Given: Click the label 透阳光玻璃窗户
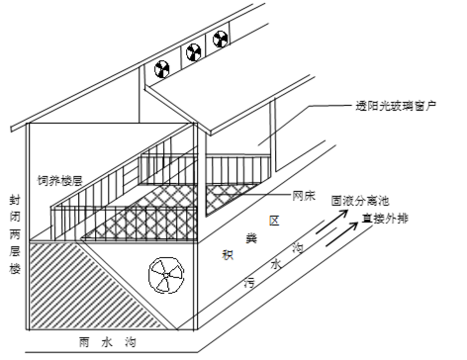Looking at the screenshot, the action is pos(396,106).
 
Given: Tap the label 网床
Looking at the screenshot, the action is pos(304,196).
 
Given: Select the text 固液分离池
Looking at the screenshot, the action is pos(360,201).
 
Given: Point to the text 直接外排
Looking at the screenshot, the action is pos(385,219).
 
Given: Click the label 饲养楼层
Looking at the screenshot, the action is pos(59,180).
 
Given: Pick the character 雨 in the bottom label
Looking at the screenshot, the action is pos(84,342).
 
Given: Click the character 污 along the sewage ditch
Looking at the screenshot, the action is pos(249,283).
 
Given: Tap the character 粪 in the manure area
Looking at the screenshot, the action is pos(252,238).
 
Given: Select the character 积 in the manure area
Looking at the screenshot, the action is pos(228,254).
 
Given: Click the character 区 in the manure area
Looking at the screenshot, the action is pos(274,221).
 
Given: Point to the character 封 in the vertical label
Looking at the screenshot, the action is pos(15,200).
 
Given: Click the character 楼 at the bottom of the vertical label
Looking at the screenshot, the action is pos(15,269).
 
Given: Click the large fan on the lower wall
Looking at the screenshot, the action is pos(166,275).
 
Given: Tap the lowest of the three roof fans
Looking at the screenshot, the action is pos(162,69).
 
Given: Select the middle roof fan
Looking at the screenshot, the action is pos(194,52).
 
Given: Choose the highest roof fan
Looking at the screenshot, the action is pos(220,39).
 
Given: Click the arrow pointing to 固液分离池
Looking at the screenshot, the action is pos(331,222).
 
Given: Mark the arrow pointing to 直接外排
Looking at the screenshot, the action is pos(342,234).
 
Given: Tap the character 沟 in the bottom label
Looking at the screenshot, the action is pos(131,342).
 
